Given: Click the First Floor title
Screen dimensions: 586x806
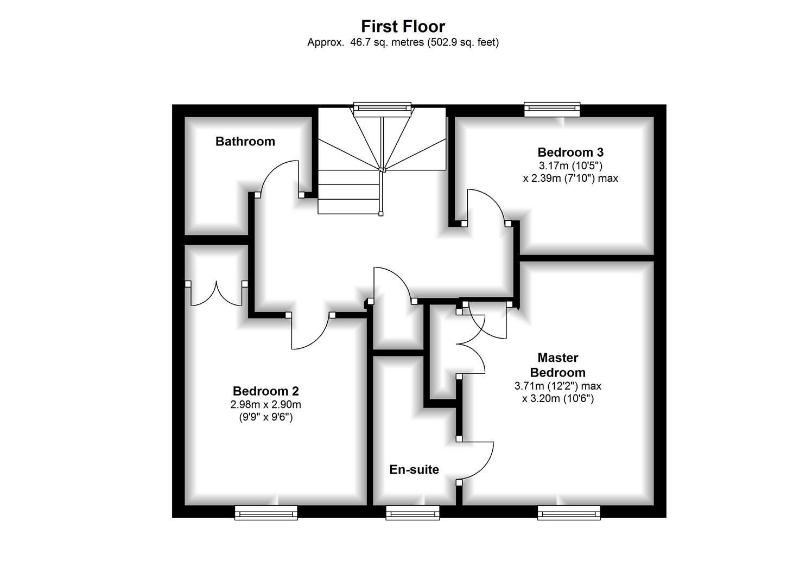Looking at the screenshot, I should [403, 27].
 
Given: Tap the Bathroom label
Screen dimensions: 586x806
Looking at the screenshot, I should [245, 142].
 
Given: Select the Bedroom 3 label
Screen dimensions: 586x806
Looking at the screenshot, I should [570, 152].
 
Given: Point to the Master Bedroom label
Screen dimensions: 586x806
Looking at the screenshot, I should [557, 365].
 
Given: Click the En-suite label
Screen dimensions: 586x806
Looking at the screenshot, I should [414, 470].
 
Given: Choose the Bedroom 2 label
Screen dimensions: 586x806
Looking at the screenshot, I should [265, 391].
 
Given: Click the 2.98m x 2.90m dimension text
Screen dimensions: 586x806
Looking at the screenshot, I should [265, 405].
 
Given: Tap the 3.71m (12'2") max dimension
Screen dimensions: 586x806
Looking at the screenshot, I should [557, 386].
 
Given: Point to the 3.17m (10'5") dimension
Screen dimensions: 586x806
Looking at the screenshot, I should [570, 165].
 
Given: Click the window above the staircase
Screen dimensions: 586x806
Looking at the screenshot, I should [382, 108].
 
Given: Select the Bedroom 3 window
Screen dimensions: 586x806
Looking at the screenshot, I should [552, 109].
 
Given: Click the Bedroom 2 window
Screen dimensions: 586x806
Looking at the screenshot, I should [266, 512].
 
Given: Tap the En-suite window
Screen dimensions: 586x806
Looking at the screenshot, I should [412, 512].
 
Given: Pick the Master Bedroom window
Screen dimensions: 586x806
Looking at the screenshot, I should [569, 512].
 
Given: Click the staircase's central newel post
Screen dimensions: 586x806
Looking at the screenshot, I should [383, 170].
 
